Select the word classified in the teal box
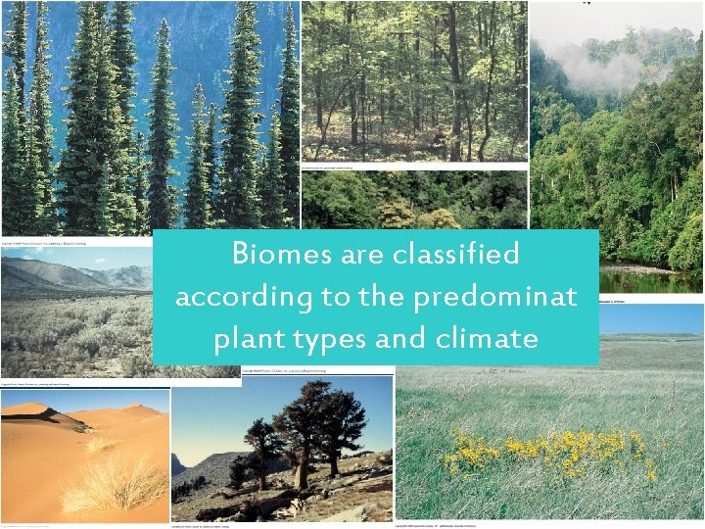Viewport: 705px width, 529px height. pyautogui.click(x=455, y=255)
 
